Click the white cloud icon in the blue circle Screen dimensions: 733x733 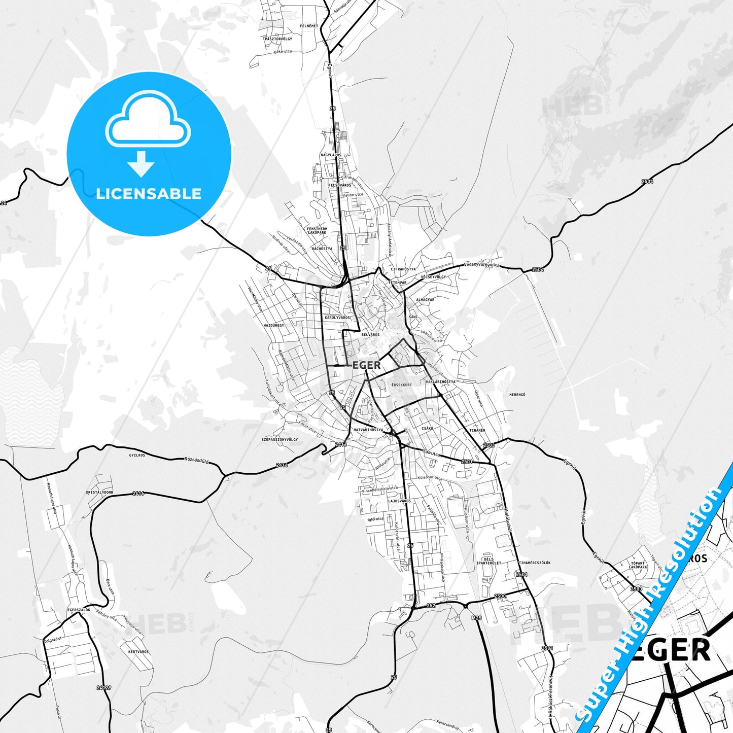click(148, 120)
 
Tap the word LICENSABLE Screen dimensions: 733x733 click(149, 193)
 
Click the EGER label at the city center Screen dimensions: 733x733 click(366, 365)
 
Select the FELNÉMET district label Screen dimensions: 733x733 click(309, 26)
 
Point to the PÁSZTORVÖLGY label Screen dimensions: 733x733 click(278, 39)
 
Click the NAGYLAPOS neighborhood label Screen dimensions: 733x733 click(331, 155)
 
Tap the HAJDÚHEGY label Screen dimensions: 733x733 click(274, 325)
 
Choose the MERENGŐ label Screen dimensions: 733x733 click(517, 395)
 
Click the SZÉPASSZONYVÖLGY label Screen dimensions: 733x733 click(280, 439)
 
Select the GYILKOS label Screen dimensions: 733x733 click(137, 455)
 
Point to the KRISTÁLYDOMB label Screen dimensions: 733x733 click(99, 493)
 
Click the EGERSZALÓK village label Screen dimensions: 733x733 click(79, 610)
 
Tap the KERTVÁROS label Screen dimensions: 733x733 click(138, 652)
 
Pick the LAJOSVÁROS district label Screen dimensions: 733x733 click(399, 501)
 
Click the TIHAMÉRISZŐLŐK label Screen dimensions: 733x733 click(534, 563)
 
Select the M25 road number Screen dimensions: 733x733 click(476, 618)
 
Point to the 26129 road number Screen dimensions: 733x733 click(103, 688)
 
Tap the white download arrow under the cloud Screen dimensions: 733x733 click(141, 163)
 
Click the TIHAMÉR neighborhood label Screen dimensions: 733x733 click(477, 430)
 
